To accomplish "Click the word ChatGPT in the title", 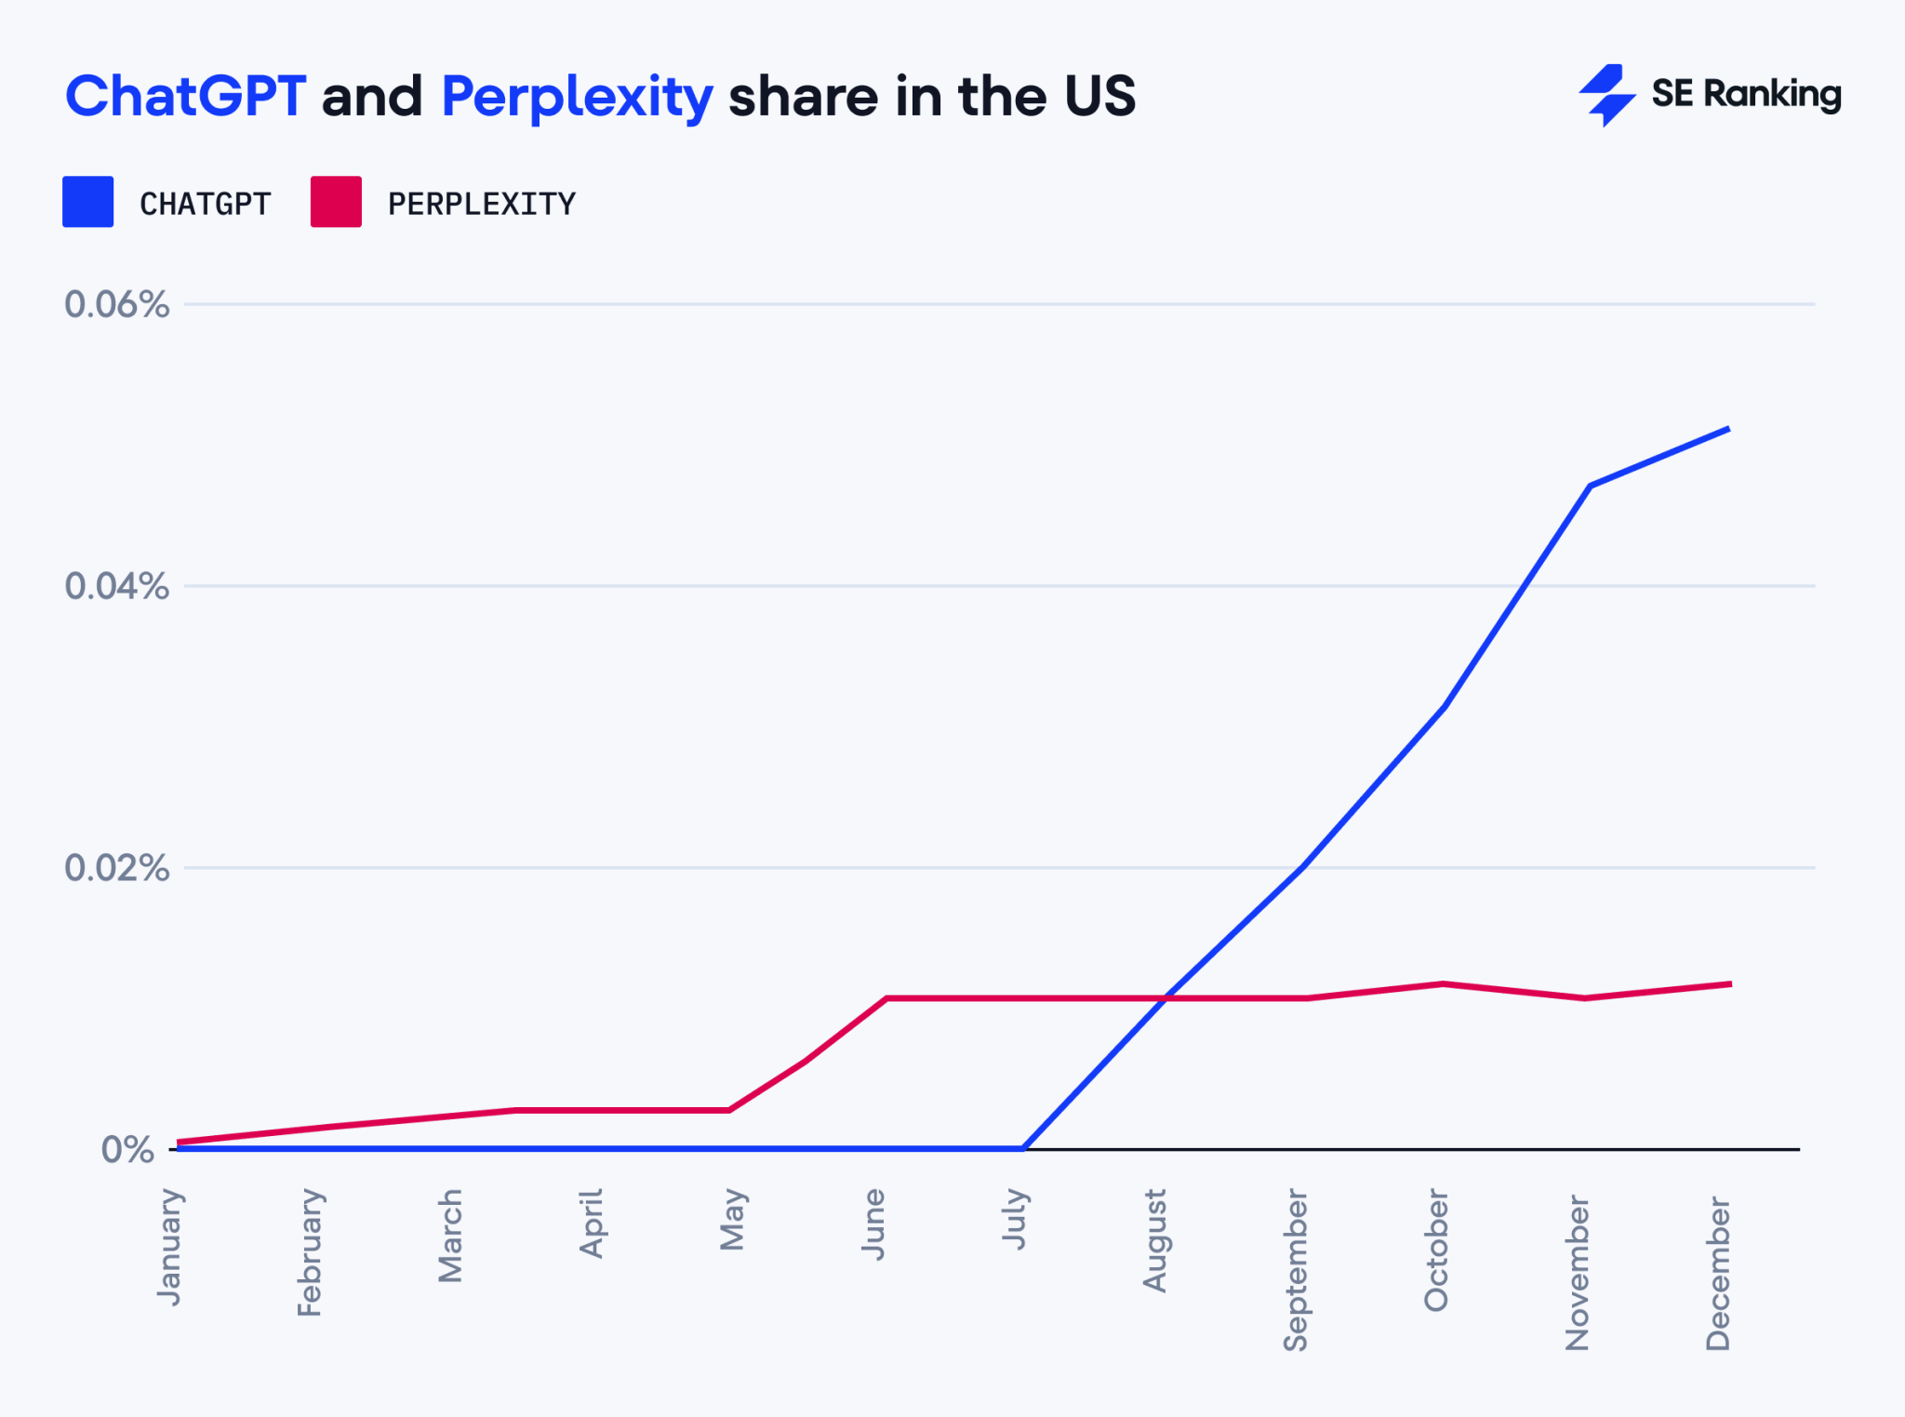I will (185, 96).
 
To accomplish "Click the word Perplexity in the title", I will (577, 98).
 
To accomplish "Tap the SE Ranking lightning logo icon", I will (1606, 95).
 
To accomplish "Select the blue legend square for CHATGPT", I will (87, 202).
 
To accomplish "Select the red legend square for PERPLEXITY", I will (336, 202).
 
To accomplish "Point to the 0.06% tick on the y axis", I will (117, 304).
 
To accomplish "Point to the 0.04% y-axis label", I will (117, 586).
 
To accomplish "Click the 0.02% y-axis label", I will (117, 868).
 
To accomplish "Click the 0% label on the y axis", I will (128, 1150).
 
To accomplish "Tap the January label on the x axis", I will (170, 1247).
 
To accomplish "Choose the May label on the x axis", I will (733, 1219).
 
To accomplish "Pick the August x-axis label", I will (1154, 1240).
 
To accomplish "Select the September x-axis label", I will (1296, 1270).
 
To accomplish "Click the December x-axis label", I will (1718, 1273).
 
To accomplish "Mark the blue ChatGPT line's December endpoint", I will (1728, 429).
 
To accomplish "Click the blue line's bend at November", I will (1591, 486).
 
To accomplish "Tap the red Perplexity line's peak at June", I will (886, 998).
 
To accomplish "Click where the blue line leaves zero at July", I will (1023, 1148).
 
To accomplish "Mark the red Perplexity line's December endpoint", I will (1730, 983).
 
